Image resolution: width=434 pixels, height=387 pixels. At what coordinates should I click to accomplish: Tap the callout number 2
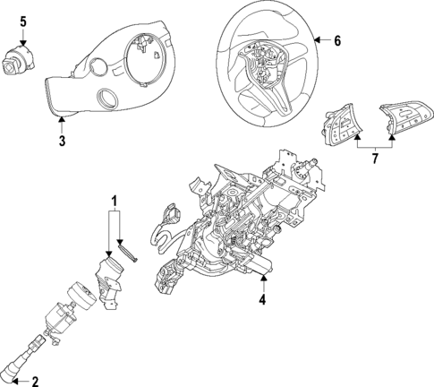tap(35, 382)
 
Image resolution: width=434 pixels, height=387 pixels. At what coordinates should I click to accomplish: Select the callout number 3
tap(61, 140)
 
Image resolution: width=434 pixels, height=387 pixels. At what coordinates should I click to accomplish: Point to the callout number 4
tap(262, 300)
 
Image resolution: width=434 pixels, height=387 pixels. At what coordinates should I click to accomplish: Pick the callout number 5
tap(24, 20)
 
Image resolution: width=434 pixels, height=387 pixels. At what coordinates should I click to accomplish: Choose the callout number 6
tap(336, 41)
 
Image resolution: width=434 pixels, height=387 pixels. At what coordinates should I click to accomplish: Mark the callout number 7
tap(375, 159)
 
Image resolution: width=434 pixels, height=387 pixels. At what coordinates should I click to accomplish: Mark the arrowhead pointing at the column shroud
tap(61, 119)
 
